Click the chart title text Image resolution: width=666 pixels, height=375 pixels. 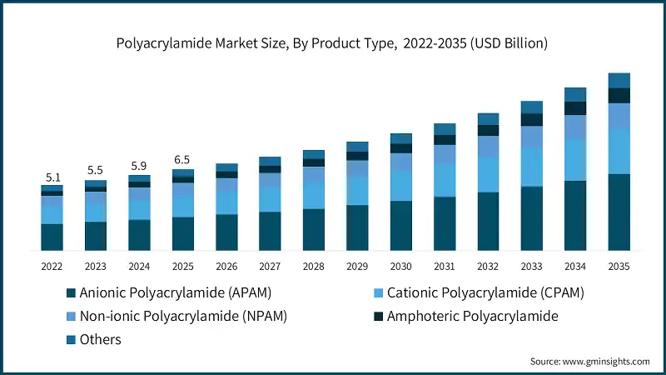tap(332, 42)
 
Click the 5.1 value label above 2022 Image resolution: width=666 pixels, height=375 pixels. tap(52, 177)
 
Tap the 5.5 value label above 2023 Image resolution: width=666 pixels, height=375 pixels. tap(95, 171)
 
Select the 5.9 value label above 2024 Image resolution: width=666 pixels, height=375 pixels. tap(139, 165)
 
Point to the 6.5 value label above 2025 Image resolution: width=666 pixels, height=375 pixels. tap(182, 159)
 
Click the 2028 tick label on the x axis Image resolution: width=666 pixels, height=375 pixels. tap(314, 266)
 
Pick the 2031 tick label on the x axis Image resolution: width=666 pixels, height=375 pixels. tap(445, 266)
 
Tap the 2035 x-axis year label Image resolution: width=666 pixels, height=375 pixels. tap(619, 266)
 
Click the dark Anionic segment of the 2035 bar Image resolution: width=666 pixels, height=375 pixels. tap(619, 212)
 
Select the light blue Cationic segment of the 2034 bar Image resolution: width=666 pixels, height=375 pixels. tap(575, 159)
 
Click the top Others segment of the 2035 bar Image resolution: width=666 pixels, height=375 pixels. tap(619, 80)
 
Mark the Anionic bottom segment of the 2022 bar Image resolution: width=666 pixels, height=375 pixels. tap(52, 237)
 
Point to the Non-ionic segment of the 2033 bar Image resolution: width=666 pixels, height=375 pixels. tap(532, 137)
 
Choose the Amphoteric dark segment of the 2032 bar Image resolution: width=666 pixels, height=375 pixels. tap(488, 130)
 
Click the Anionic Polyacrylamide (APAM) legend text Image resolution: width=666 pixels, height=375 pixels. tap(175, 293)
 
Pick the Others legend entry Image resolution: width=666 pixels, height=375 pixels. tap(101, 339)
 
